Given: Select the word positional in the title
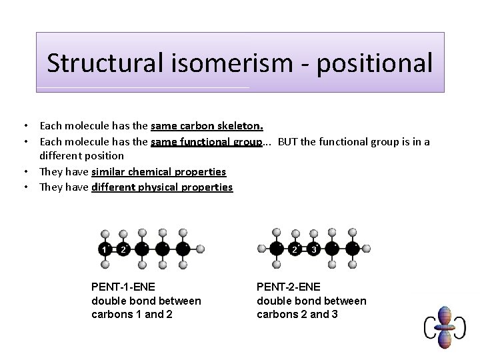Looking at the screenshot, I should pos(374,63).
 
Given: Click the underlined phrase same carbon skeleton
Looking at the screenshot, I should pos(207,125).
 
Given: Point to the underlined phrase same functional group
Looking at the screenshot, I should pos(206,141).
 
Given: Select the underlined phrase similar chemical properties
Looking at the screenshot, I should pos(159,171).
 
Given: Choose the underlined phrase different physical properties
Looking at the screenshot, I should pos(162,187).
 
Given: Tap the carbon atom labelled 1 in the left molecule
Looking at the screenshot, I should pos(105,249).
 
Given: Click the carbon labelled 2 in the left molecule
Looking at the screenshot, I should pos(123,249).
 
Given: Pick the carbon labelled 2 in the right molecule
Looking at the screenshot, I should pos(295,249).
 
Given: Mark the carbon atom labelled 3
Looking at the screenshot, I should pos(314,249).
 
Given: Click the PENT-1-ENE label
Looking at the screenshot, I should pos(123,287).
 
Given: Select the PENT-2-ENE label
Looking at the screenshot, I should pos(288,287).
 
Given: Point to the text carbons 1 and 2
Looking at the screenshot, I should pos(131,314).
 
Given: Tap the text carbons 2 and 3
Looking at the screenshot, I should pos(297,314).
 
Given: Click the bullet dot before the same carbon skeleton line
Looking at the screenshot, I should pos(25,125).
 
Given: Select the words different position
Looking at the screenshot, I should pos(81,155).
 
